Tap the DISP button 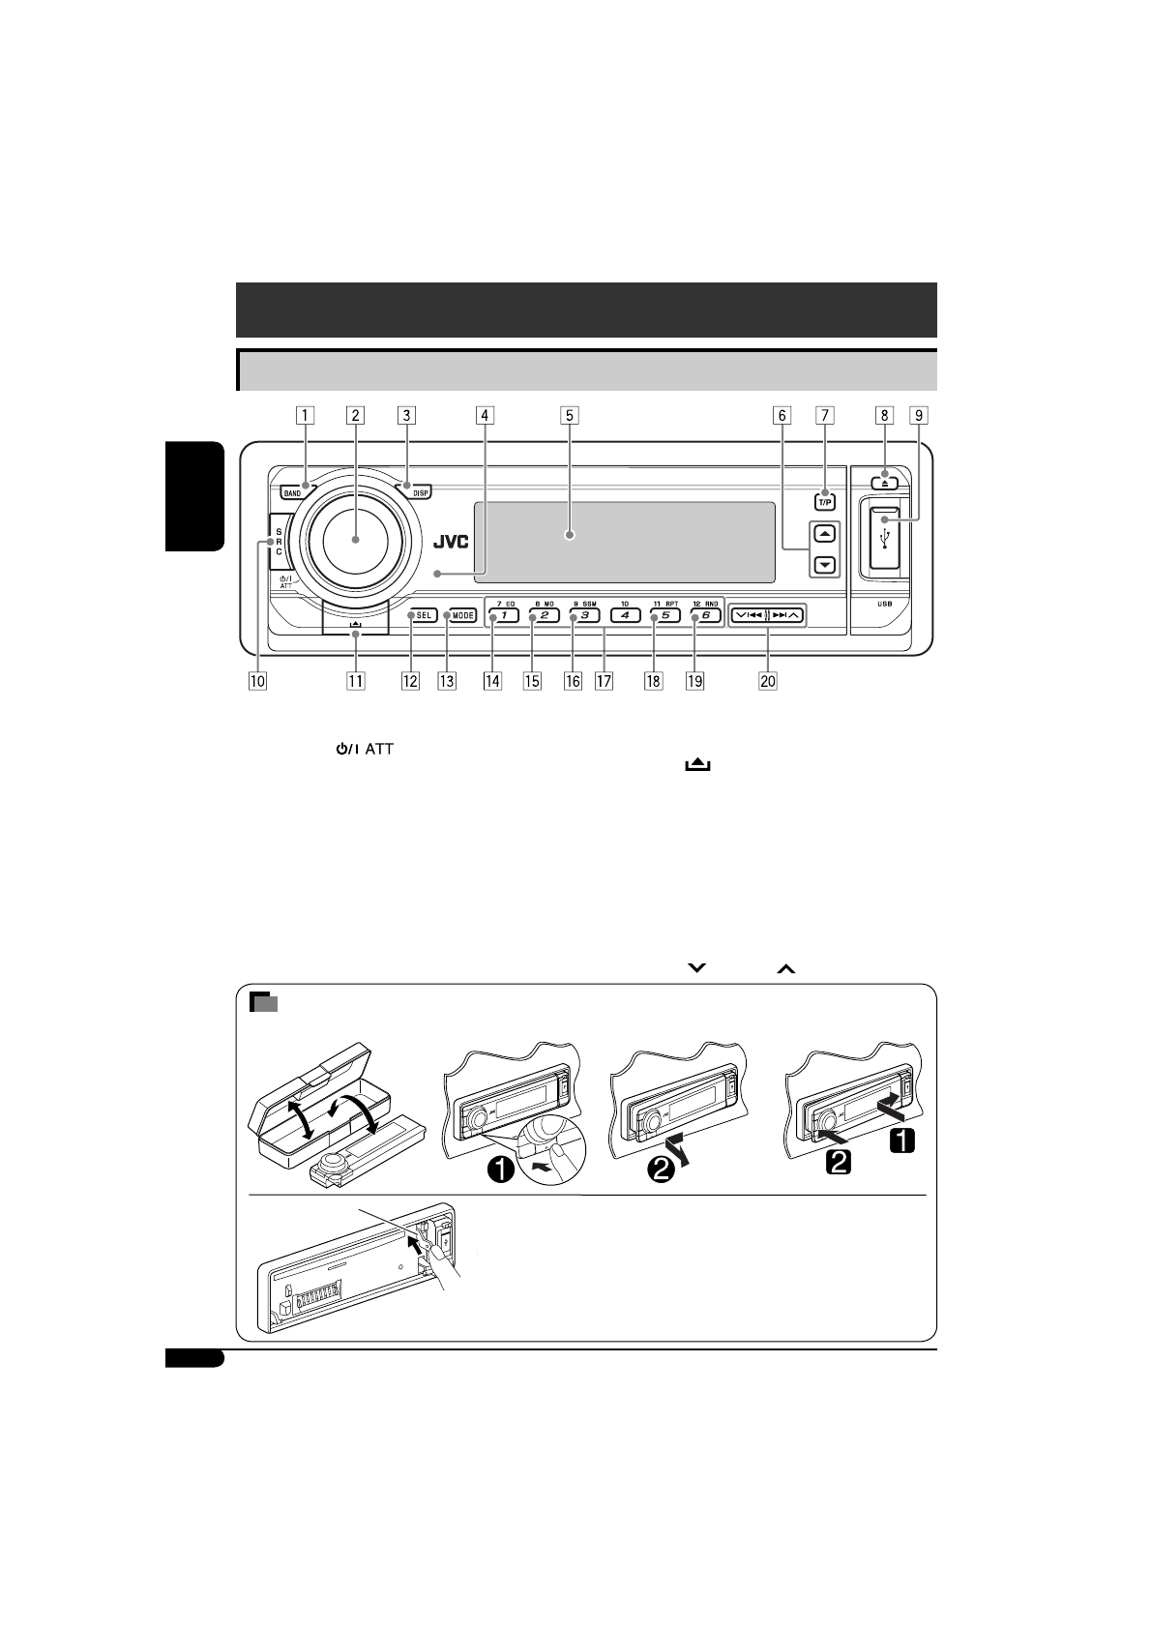click(420, 492)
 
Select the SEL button click(423, 615)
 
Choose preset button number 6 click(705, 615)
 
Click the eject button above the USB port click(884, 482)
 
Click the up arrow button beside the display click(824, 534)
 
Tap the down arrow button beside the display click(824, 565)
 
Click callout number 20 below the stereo click(767, 681)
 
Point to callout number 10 click(256, 681)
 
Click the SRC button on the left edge click(280, 542)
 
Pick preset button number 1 click(503, 615)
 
